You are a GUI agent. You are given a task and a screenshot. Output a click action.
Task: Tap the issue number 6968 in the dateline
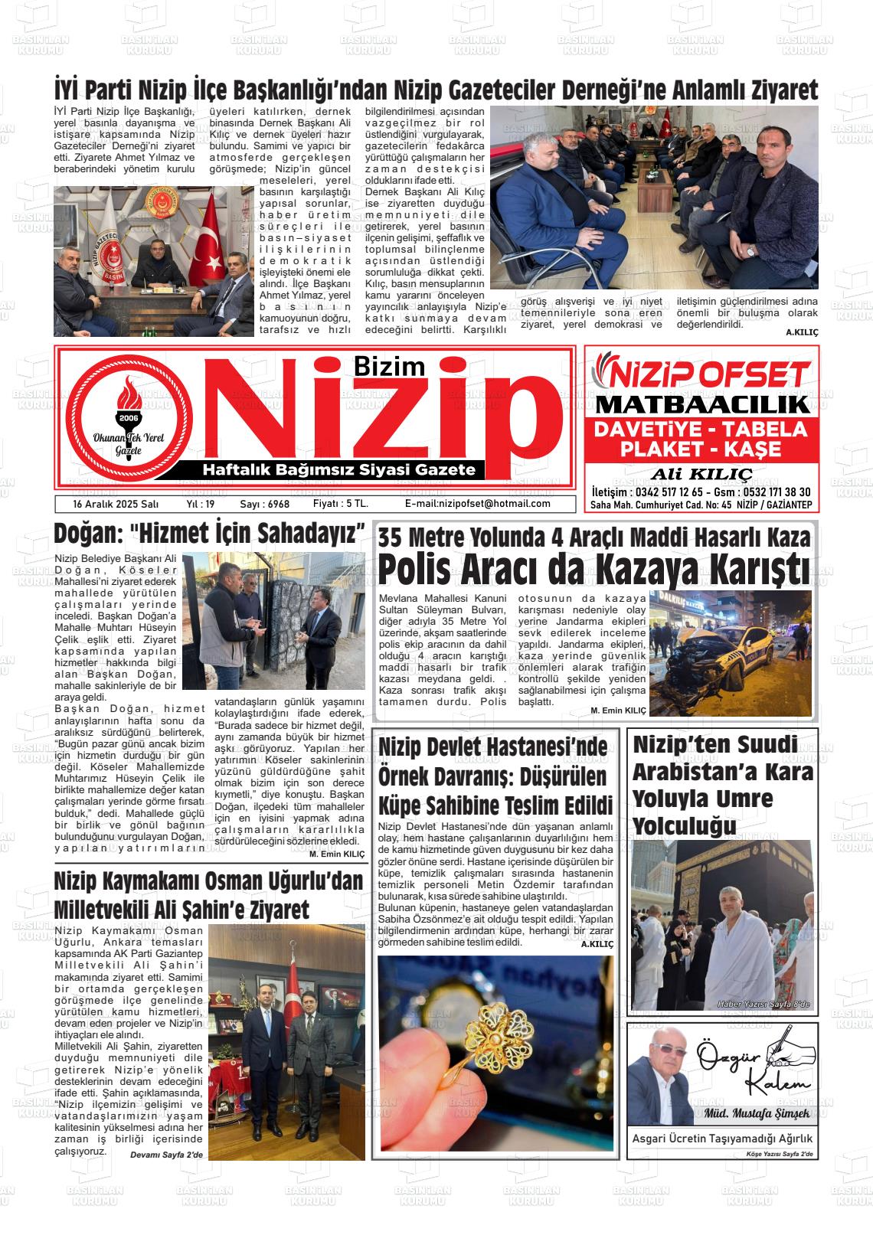click(x=275, y=504)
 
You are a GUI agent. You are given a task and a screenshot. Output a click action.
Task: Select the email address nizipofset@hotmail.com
click(x=477, y=504)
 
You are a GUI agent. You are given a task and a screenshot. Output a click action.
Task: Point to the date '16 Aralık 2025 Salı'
click(x=115, y=504)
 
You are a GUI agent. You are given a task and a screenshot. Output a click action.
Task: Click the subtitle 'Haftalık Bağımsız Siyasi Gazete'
click(x=337, y=469)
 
